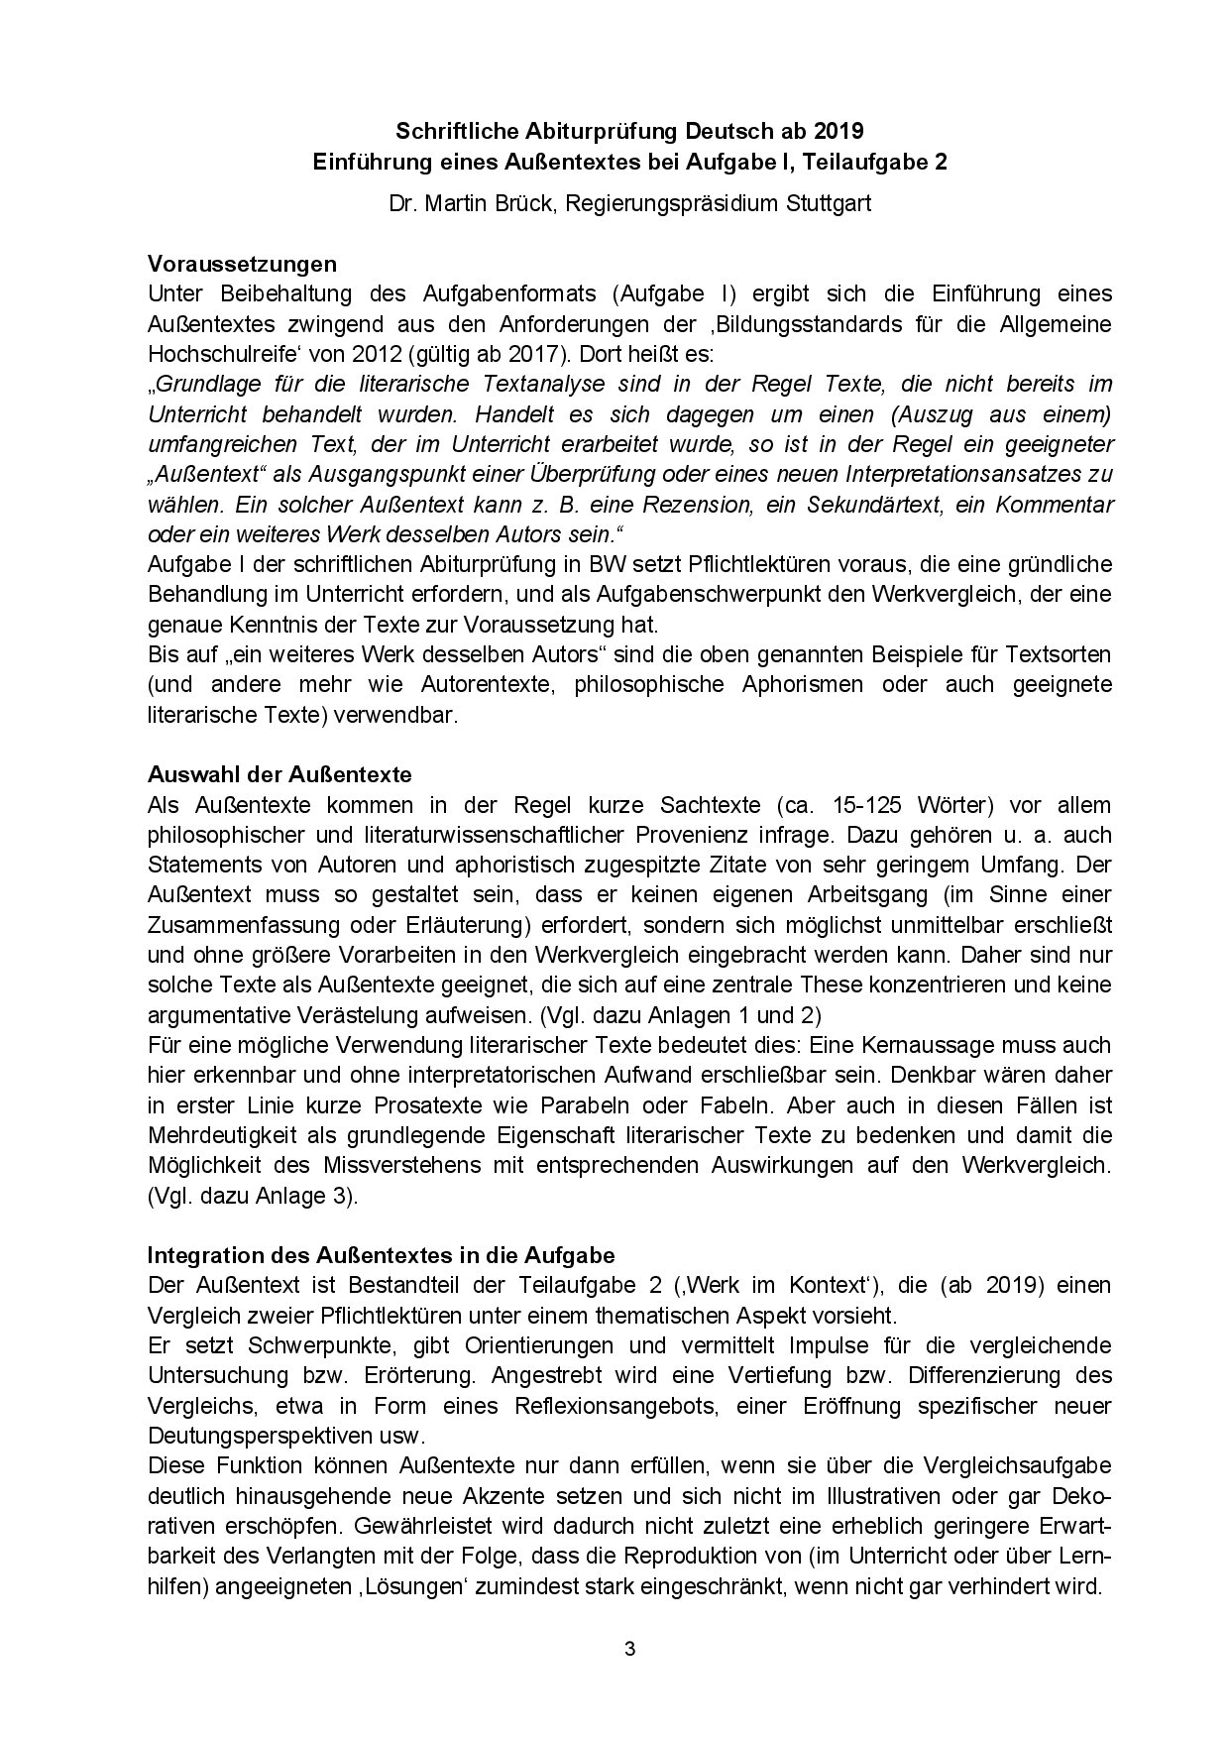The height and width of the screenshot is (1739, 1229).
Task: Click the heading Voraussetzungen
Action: [242, 264]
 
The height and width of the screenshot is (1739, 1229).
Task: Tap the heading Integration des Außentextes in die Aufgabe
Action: [382, 1254]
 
